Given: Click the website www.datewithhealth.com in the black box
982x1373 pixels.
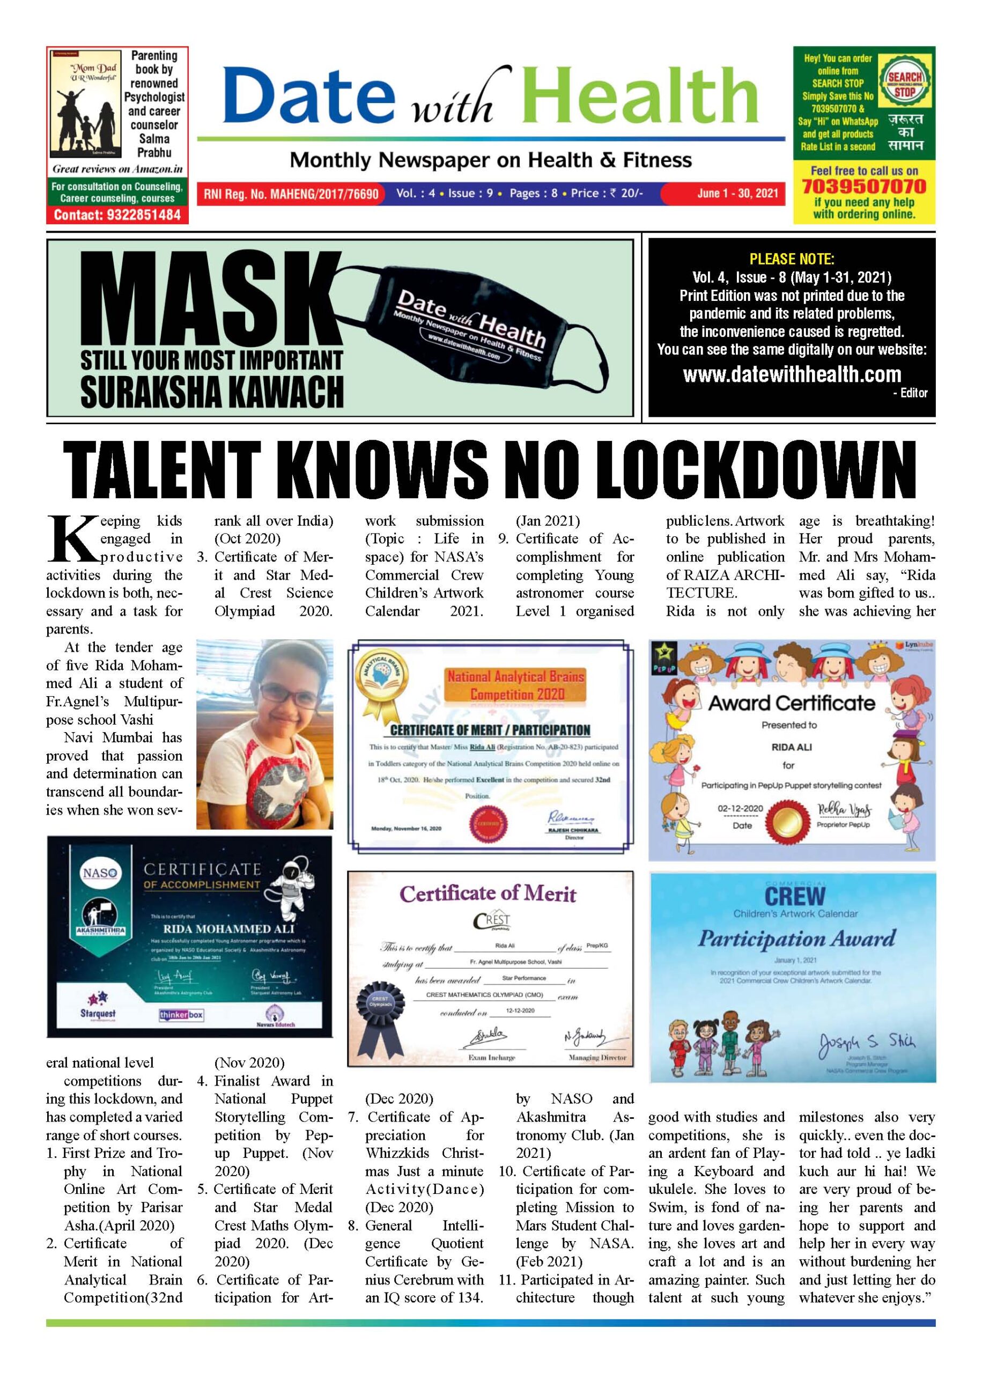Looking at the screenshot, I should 792,374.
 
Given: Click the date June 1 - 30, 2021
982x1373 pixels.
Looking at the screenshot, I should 737,194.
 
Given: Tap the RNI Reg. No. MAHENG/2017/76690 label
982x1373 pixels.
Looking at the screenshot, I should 291,194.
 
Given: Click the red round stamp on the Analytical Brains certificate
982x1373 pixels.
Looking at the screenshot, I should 488,823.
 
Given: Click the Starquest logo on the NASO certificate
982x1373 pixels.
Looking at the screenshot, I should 98,1013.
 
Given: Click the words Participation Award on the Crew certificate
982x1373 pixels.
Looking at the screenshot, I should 796,939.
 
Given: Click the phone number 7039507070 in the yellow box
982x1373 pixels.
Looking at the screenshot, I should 863,186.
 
